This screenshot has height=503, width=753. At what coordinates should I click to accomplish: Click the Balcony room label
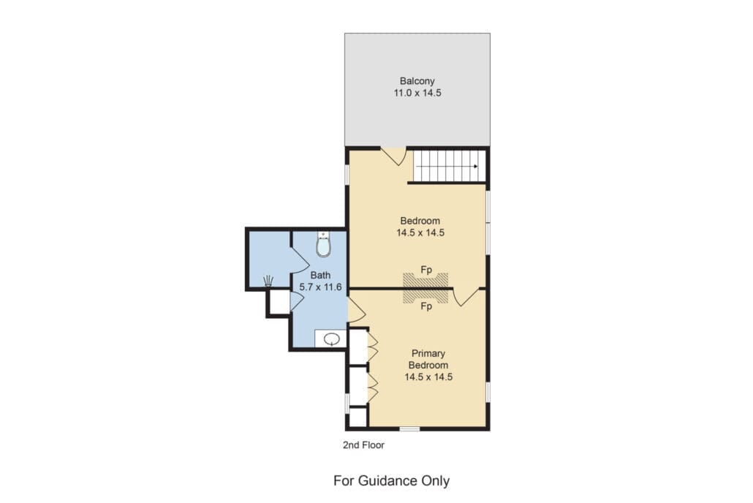point(417,81)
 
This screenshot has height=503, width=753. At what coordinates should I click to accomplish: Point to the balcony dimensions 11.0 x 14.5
point(417,93)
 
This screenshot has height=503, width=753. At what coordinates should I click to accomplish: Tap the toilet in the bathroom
point(324,244)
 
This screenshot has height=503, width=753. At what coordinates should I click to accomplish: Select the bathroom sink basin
point(331,339)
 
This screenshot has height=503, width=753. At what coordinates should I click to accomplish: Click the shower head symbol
point(269,281)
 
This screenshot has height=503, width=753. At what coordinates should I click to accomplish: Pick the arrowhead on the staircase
point(475,166)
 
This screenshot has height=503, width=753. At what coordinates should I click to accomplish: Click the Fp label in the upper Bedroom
point(426,270)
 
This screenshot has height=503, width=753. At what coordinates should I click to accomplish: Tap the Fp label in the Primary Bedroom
point(426,306)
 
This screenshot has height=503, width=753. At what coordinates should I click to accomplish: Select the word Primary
point(428,353)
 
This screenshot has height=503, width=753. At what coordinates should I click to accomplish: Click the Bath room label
point(320,276)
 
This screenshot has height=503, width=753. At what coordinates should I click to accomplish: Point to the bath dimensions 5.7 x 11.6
point(320,287)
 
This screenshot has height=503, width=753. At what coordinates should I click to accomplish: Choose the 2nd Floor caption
point(363,445)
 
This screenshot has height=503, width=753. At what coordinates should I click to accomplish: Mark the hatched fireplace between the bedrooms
point(425,288)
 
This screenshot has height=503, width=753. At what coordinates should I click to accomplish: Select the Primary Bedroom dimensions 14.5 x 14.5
point(428,377)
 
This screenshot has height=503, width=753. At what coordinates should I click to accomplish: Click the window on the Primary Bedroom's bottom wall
point(409,428)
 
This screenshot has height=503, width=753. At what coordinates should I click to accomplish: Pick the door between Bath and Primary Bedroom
point(356,311)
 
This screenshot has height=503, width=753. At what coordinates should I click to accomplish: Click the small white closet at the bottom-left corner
point(357,417)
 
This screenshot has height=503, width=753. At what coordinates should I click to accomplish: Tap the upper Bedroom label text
point(420,221)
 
